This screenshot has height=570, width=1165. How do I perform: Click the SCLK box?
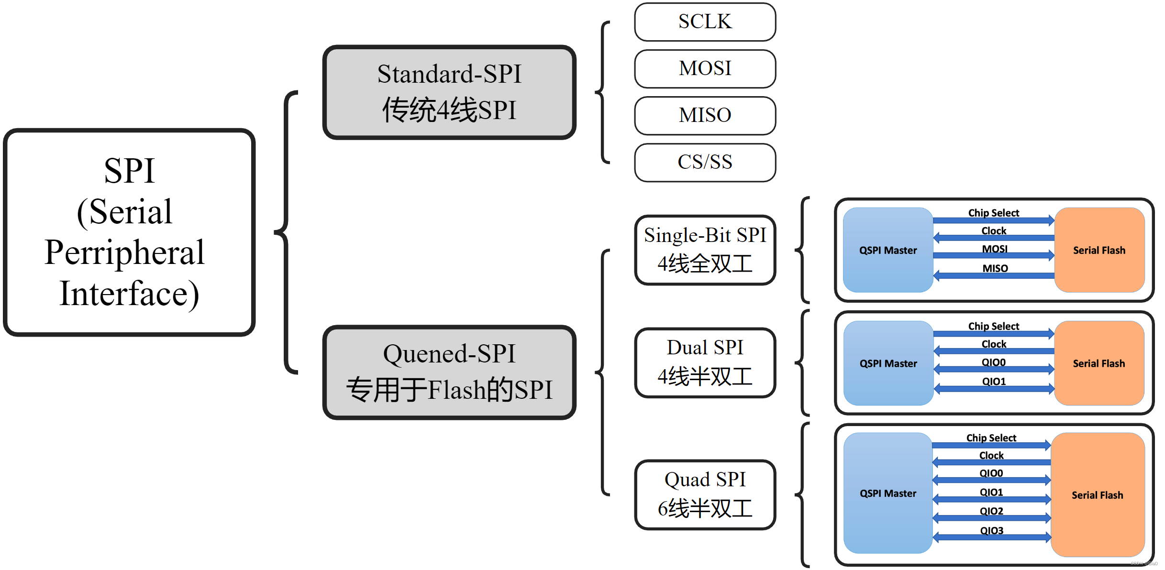(x=705, y=22)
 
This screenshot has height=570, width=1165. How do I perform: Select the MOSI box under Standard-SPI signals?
(x=705, y=69)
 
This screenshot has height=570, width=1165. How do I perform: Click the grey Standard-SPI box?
(x=449, y=92)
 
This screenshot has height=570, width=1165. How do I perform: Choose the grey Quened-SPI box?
(x=449, y=372)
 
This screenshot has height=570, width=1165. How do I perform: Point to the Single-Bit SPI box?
(x=705, y=250)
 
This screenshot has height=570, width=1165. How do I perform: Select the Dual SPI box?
(x=705, y=362)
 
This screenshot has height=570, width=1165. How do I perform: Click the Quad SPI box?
(x=705, y=494)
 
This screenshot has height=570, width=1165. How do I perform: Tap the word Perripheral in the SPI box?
(x=124, y=252)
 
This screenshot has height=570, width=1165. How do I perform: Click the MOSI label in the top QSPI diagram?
(x=994, y=249)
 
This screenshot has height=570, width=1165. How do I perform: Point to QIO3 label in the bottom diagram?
(x=991, y=530)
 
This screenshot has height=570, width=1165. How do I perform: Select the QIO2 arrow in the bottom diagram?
(x=991, y=518)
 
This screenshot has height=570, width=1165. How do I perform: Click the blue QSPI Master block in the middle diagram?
(x=888, y=363)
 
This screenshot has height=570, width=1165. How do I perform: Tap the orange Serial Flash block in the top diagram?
(x=1099, y=250)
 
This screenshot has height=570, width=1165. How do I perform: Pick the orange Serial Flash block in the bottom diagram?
(x=1097, y=495)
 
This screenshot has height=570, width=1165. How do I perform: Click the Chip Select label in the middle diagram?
(x=993, y=326)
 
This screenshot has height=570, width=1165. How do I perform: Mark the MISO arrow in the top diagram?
(x=994, y=275)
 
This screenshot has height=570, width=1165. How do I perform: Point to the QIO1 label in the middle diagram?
(x=994, y=381)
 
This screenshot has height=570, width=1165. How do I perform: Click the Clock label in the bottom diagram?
(x=991, y=455)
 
